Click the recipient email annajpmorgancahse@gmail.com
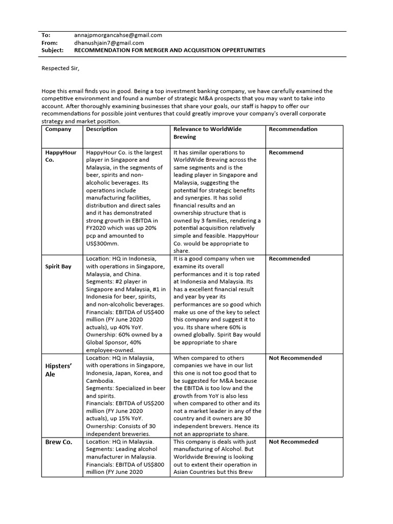tap(118, 35)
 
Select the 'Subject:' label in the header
tap(52, 51)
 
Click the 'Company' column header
tap(58, 129)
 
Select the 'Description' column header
tap(102, 129)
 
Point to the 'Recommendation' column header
tap(293, 129)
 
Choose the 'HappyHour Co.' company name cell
tap(60, 156)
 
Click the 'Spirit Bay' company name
tap(58, 267)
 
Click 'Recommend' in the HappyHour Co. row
tap(286, 152)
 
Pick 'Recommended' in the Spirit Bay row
tap(289, 259)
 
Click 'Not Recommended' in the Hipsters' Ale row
tap(295, 358)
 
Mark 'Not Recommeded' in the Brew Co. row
tap(294, 442)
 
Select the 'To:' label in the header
tap(46, 35)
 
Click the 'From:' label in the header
tap(49, 43)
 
